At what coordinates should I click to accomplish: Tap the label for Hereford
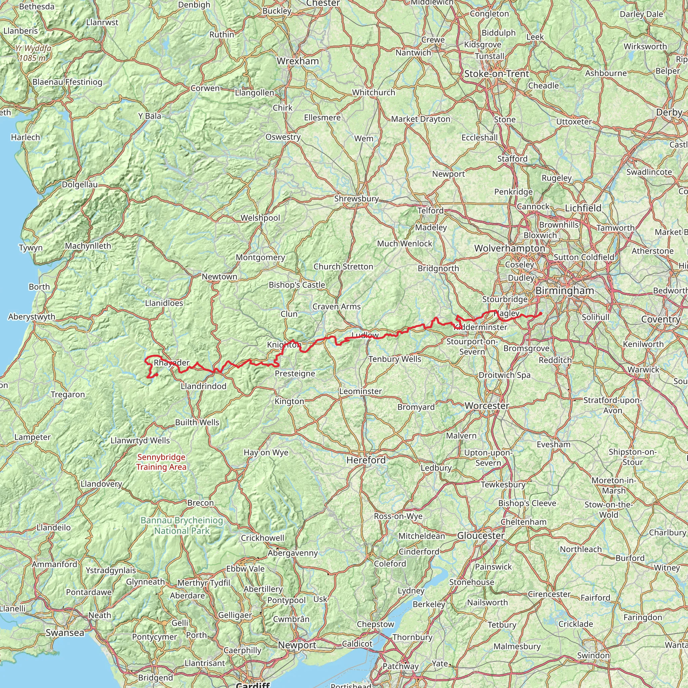pos(366,460)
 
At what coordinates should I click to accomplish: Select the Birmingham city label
pos(565,291)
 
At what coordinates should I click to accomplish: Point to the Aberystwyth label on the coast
pos(32,316)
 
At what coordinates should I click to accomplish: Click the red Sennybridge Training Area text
pos(161,462)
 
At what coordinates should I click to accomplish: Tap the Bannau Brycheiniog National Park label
pos(182,525)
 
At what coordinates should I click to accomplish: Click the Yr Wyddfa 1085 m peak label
pos(33,53)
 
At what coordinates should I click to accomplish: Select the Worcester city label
pos(487,405)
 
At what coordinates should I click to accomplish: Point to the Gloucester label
pos(481,535)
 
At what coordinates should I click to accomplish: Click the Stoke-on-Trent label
pos(497,74)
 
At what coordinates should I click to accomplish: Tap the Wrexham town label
pos(298,61)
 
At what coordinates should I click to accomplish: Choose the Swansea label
pos(65,633)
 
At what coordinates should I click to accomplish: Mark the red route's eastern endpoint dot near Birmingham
pos(541,313)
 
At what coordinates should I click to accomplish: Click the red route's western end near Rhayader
pos(157,375)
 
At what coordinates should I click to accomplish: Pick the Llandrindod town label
pos(203,386)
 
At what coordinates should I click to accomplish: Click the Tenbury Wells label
pos(395,359)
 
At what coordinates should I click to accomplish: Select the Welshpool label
pos(260,218)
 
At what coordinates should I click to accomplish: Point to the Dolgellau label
pos(80,184)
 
